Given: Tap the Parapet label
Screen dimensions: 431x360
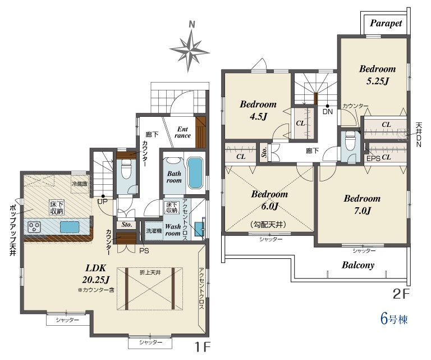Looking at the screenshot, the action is click(x=386, y=24).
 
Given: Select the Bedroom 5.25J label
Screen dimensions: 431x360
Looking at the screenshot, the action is click(x=377, y=75).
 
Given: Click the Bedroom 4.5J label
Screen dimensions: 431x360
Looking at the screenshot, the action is click(x=258, y=110).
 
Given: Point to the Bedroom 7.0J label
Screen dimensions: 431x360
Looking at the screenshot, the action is click(x=362, y=204).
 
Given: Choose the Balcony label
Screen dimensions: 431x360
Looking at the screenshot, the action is click(x=358, y=265).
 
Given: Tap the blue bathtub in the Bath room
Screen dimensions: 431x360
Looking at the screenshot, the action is click(x=195, y=174).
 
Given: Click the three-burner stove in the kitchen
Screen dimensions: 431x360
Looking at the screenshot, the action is click(x=34, y=227).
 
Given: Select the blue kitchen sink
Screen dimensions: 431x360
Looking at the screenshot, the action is click(x=70, y=227).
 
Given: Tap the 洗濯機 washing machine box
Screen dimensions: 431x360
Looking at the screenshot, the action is click(x=153, y=231).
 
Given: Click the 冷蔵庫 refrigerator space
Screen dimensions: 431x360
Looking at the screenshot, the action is click(x=80, y=184).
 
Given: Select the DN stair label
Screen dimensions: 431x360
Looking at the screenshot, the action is click(x=327, y=112).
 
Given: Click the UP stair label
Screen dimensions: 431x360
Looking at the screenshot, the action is click(x=103, y=201).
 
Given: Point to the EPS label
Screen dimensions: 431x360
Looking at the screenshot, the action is click(x=373, y=158).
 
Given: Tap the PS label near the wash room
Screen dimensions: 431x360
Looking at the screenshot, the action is click(x=144, y=251).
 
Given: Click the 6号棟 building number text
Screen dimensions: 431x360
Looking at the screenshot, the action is click(x=394, y=320).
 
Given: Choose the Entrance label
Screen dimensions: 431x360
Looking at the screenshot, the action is click(x=182, y=133).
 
